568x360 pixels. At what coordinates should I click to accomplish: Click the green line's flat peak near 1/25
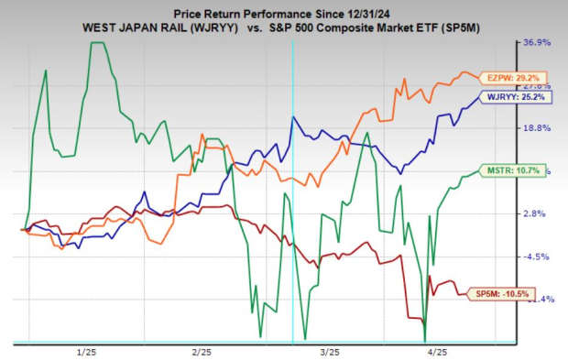tap(101, 43)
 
